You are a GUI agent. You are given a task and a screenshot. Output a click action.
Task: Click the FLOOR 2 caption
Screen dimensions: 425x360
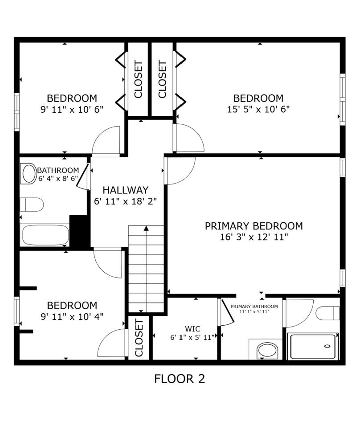tap(180, 379)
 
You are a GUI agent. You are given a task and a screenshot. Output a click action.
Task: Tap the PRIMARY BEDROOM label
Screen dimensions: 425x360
tap(254, 226)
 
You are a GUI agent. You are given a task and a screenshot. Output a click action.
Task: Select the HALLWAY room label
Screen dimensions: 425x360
tap(125, 190)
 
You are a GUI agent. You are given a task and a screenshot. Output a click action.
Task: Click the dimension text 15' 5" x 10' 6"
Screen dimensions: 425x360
tap(258, 109)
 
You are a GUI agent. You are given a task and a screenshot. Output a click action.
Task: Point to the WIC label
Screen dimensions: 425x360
tap(195, 329)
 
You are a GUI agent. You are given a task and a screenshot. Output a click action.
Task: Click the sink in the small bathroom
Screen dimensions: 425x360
tap(29, 174)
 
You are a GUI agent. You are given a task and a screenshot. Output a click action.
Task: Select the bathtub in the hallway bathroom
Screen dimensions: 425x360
tap(45, 235)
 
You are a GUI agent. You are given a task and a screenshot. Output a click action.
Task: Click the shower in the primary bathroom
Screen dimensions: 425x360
tap(312, 346)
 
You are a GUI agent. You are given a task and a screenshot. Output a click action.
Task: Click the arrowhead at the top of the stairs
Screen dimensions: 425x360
tap(146, 229)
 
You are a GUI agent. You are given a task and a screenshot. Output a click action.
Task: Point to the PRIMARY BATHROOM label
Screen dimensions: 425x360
tap(254, 306)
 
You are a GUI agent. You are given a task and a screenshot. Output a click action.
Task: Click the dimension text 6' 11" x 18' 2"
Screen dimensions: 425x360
tap(125, 201)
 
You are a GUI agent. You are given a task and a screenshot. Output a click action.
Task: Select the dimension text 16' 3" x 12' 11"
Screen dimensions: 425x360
tap(253, 237)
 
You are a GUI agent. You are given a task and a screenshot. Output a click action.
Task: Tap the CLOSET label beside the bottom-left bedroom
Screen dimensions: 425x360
tap(139, 338)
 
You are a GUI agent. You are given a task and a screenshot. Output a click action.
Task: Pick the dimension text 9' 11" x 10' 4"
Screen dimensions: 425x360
tap(72, 317)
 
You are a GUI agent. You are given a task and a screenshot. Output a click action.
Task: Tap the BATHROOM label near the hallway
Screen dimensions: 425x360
tap(58, 170)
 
